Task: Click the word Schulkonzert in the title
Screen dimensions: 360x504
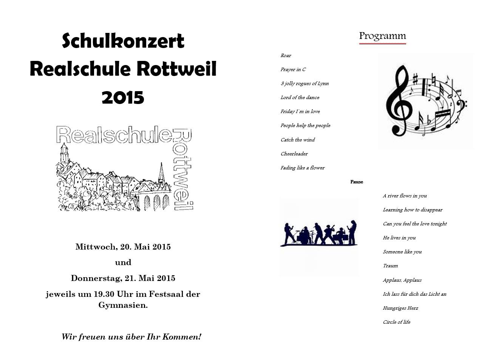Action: (x=123, y=41)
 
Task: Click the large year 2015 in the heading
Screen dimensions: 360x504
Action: (x=123, y=98)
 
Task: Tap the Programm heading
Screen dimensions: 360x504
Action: (x=382, y=36)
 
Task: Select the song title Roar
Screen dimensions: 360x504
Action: (x=286, y=56)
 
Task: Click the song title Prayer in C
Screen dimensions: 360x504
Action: (x=293, y=70)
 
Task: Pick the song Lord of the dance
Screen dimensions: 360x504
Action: (x=300, y=98)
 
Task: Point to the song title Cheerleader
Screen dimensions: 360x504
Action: (x=294, y=154)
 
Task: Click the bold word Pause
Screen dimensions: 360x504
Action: (x=356, y=182)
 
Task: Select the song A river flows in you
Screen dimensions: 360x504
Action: (x=405, y=196)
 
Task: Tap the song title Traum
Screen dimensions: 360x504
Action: (x=390, y=266)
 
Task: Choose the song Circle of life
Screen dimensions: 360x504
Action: (x=396, y=322)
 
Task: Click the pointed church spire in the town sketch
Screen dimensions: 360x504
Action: (x=161, y=174)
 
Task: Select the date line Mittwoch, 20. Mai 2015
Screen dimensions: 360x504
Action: (x=123, y=247)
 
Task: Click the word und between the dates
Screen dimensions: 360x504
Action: (x=123, y=262)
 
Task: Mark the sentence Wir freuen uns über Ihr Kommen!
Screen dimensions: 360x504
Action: (x=131, y=337)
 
